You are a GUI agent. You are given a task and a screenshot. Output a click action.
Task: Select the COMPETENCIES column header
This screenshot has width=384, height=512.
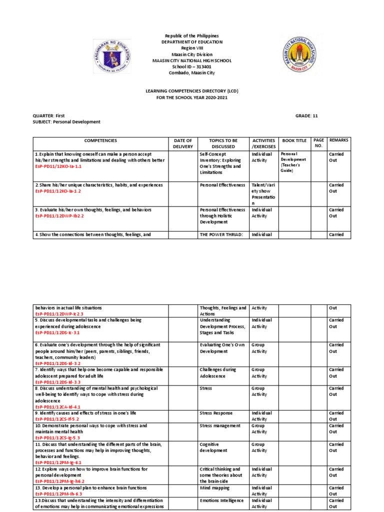point(100,141)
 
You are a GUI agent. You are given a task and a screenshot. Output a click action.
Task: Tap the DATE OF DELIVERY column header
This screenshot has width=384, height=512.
point(182,143)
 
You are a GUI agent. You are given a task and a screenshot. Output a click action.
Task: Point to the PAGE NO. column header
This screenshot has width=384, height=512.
point(318,143)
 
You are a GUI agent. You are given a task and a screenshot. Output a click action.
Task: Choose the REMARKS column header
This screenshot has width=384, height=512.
point(338,140)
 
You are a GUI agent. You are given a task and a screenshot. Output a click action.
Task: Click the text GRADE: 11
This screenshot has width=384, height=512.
point(306,115)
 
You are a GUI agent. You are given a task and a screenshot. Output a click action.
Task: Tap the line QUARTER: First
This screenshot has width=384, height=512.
point(49,115)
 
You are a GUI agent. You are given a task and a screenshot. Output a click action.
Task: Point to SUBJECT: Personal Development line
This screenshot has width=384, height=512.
point(66,121)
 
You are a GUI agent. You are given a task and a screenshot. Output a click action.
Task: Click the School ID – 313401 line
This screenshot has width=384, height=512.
point(192,66)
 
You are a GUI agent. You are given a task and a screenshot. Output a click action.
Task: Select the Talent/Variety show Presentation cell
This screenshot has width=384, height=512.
point(263,194)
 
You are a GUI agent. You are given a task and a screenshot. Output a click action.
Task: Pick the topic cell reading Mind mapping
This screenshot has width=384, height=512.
point(214,487)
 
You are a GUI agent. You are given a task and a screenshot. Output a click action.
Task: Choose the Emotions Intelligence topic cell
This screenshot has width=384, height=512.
point(221,500)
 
